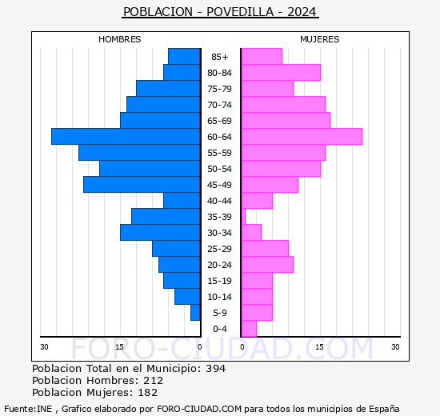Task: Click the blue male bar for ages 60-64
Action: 126,137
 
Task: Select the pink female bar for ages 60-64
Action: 302,137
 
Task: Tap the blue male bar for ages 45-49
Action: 142,185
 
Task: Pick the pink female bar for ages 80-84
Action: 281,73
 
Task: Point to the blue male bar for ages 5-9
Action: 195,313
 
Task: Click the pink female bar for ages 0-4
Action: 249,329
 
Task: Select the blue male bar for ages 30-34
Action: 160,233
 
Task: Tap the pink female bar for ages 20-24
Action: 267,265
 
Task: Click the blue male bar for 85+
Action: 184,57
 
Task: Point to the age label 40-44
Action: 220,201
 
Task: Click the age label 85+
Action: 220,57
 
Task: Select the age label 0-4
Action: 220,329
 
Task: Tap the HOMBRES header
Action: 120,39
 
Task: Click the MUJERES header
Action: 320,39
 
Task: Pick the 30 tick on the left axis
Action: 45,346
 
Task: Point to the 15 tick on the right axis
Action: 319,346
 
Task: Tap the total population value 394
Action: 214,369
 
